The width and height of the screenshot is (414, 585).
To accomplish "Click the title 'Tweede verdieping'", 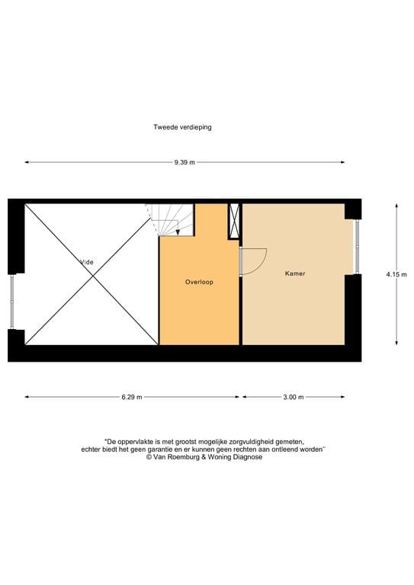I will tap(182, 127).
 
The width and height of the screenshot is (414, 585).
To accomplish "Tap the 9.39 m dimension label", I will tap(184, 162).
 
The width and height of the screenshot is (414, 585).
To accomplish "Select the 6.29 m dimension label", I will tap(131, 397).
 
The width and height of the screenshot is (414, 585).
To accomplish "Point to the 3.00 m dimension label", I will tap(293, 397).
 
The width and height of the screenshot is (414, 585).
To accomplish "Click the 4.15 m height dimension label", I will tap(396, 274).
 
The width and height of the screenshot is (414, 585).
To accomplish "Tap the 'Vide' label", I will tap(88, 262).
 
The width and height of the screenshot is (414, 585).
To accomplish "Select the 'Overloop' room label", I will tap(199, 282).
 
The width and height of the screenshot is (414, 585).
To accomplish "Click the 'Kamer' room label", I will tap(295, 273).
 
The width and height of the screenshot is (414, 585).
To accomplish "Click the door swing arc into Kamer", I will tap(256, 261).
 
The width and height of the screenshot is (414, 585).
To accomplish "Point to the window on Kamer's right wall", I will tap(355, 246).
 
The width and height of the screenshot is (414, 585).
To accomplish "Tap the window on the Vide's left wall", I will tap(11, 302).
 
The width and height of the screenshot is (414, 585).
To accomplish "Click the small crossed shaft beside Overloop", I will tap(235, 221).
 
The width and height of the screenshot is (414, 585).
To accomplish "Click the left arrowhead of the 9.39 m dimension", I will tap(27, 162).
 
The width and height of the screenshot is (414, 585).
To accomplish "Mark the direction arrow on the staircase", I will tap(178, 229).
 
